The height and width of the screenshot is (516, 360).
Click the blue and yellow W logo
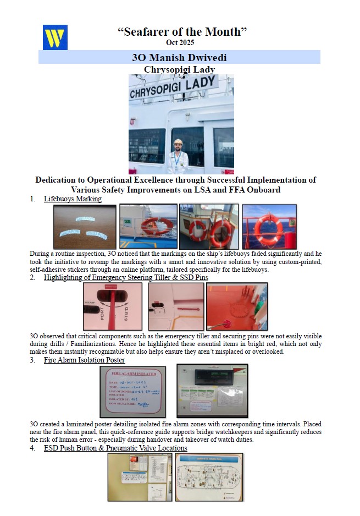point(55,37)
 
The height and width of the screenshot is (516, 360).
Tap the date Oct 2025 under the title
point(180,42)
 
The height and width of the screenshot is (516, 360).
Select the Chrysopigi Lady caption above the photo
point(179,69)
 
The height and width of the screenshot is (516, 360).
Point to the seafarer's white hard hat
point(178,142)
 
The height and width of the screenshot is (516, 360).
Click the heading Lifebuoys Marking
point(73,199)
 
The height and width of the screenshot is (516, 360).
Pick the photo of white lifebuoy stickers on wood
point(85,227)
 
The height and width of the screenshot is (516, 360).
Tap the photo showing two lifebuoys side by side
point(209,226)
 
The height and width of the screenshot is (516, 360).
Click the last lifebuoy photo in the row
point(269,226)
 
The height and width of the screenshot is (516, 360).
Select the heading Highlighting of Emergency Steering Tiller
point(126,278)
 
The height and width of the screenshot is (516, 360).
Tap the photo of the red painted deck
point(237,306)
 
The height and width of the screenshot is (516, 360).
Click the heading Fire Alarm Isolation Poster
point(84,360)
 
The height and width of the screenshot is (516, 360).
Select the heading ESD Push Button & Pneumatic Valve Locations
point(115,448)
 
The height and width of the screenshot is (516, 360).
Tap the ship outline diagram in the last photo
point(209,477)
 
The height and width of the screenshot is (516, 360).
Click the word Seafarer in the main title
point(153,31)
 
